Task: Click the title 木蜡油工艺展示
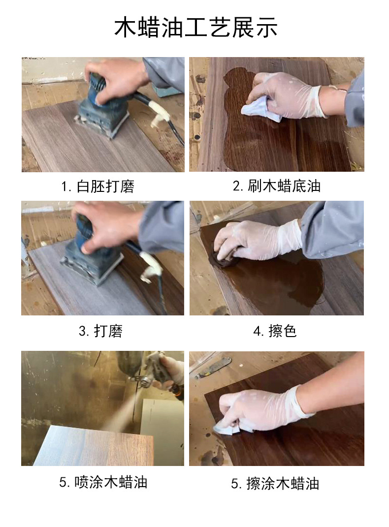(x=195, y=27)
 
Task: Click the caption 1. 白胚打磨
(x=97, y=186)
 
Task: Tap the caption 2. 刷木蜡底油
(x=276, y=186)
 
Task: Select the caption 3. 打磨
(x=100, y=331)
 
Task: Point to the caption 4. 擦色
(x=275, y=331)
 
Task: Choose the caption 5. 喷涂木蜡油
(x=103, y=482)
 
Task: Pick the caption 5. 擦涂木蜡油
(x=275, y=484)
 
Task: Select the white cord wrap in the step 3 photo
(x=151, y=266)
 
